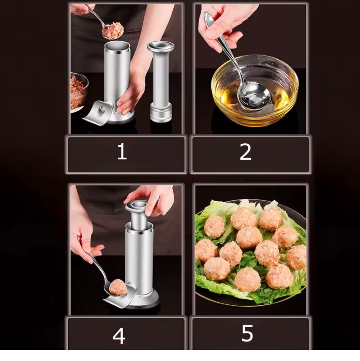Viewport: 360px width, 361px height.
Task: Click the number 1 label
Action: tap(122, 152)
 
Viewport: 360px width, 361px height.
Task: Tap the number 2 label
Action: tap(245, 152)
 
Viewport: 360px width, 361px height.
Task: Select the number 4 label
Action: tap(119, 336)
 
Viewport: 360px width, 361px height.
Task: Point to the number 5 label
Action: tap(247, 334)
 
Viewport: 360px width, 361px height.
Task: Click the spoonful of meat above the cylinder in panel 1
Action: tap(113, 30)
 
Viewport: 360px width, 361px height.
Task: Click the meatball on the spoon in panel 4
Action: tap(117, 287)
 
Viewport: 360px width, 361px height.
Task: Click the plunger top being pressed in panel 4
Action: tap(137, 206)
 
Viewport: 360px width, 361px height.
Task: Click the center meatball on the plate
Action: tap(249, 238)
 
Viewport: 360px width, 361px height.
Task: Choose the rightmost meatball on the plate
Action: tap(298, 257)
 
